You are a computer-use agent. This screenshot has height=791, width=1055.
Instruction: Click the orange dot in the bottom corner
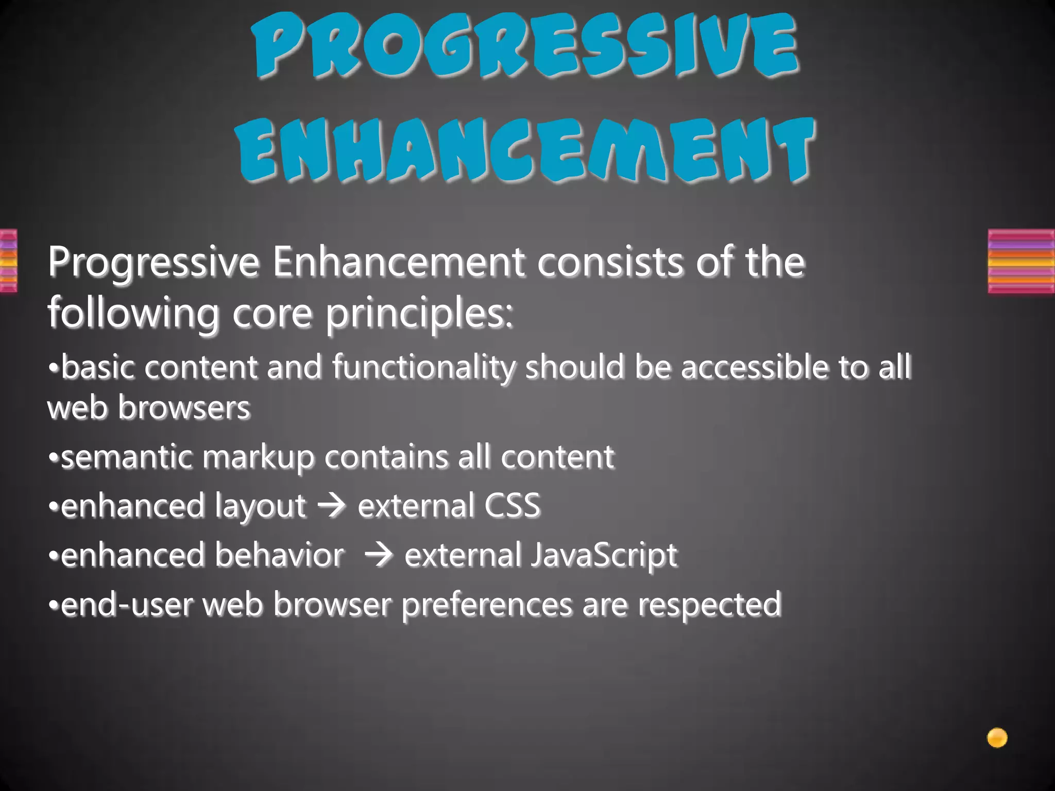click(997, 737)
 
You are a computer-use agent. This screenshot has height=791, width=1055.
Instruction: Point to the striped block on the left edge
click(8, 261)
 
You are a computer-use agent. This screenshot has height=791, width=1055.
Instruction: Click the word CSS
click(512, 505)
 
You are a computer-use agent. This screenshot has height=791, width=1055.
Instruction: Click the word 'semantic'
click(127, 457)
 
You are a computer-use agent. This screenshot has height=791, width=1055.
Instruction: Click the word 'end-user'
click(127, 605)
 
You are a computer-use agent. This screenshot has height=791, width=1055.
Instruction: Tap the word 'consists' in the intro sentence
click(610, 262)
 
